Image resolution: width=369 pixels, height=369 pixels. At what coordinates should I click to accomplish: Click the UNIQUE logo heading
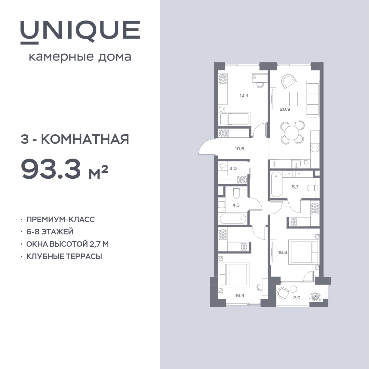click(x=80, y=32)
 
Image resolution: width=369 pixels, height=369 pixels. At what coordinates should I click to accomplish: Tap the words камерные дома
click(x=80, y=57)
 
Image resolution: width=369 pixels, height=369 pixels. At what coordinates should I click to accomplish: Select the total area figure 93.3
click(x=51, y=168)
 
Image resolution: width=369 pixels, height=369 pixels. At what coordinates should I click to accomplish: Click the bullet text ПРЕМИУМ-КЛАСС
click(x=60, y=219)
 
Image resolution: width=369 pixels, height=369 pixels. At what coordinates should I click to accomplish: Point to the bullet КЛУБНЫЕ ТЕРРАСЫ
click(x=64, y=256)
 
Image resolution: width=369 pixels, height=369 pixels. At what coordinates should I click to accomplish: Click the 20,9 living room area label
click(x=285, y=109)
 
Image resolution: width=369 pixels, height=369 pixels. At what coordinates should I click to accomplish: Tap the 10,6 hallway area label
click(x=239, y=149)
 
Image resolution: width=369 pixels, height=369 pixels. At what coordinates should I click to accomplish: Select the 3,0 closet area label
click(x=233, y=168)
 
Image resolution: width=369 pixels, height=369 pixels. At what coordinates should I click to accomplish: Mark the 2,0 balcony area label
click(x=297, y=298)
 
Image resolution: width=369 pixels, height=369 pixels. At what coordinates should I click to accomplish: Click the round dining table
click(x=292, y=133)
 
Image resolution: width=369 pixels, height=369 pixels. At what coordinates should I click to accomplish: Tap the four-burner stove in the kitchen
click(x=315, y=148)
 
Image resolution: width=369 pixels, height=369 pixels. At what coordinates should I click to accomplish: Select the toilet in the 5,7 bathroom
click(x=313, y=188)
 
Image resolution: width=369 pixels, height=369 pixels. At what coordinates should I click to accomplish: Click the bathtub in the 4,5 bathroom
click(x=233, y=219)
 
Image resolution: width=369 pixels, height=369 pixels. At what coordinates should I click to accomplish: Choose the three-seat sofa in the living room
click(x=313, y=99)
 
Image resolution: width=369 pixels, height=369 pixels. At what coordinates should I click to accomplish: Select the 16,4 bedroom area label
click(x=240, y=295)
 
